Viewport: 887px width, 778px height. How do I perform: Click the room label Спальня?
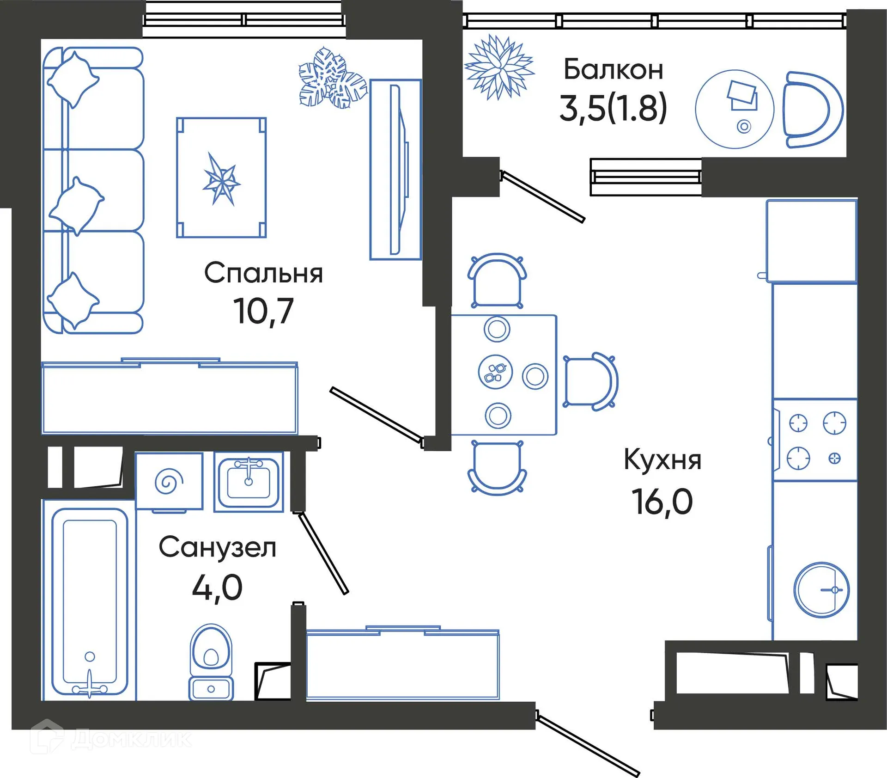(263, 273)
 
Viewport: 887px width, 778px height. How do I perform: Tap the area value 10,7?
(263, 311)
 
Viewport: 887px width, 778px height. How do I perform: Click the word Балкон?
(614, 70)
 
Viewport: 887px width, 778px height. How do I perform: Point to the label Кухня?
(662, 460)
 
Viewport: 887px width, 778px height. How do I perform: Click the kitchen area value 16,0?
(662, 502)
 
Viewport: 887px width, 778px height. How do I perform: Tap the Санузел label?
(217, 547)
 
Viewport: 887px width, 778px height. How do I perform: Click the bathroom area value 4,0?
(217, 588)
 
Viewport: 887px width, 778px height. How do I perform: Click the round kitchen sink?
(821, 590)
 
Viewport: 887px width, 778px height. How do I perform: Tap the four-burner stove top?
(816, 440)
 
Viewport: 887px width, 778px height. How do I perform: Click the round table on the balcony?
(734, 109)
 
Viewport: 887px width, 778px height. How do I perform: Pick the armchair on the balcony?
(811, 110)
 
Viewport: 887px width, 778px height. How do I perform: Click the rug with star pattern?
(221, 178)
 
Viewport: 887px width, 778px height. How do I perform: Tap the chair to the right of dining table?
(590, 381)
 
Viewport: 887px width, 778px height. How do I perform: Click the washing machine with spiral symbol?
(169, 481)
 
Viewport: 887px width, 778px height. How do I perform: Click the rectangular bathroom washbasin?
(249, 482)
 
